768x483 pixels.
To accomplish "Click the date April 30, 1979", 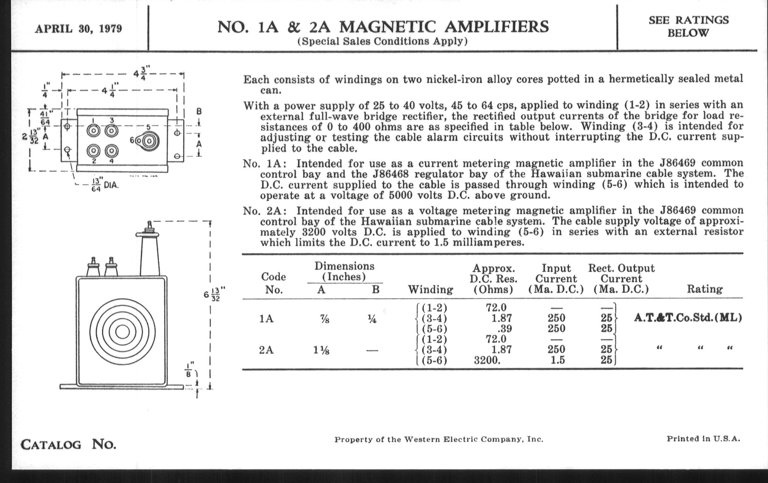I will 78,29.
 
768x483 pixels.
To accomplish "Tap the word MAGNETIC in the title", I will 387,27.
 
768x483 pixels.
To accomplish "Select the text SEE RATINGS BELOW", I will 688,26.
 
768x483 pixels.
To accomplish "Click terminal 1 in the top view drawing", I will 93,131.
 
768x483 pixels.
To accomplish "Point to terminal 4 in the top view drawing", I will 111,151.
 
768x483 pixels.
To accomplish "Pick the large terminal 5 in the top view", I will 150,141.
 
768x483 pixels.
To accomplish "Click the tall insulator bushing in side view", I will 150,255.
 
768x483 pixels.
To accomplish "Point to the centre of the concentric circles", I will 122,332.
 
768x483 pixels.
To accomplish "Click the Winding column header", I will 430,289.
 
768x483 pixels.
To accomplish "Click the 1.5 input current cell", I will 557,360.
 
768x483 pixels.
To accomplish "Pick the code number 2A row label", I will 266,350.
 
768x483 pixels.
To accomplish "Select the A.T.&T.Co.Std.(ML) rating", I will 687,318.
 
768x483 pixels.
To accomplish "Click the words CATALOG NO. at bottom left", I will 68,444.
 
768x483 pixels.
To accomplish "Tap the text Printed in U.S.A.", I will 703,439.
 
